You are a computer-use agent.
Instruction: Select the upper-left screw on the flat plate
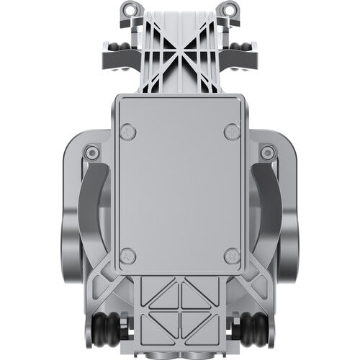127,132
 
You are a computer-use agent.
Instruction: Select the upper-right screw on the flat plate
231,132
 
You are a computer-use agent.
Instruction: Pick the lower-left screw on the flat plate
127,256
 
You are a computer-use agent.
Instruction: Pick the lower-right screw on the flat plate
231,256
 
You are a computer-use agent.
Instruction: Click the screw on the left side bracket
91,153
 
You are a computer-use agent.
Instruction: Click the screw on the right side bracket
268,153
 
